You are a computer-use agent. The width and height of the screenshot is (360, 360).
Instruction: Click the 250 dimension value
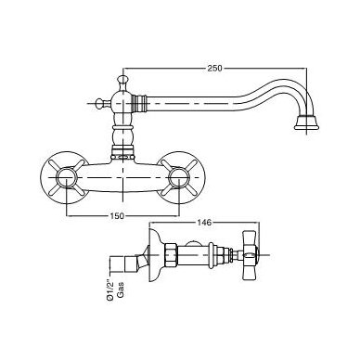tap(214, 68)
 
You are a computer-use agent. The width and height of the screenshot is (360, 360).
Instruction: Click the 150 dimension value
tap(117, 216)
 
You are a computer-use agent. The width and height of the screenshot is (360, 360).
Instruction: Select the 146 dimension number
tap(204, 222)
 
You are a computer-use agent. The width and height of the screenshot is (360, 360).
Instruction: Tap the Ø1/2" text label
tap(110, 289)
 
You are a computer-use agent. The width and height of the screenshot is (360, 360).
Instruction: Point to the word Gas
tap(121, 289)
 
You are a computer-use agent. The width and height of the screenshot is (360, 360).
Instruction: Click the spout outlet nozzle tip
tap(306, 122)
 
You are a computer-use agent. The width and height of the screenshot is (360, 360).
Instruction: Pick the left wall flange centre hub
tap(67, 177)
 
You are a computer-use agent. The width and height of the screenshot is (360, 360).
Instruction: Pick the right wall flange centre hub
tap(179, 177)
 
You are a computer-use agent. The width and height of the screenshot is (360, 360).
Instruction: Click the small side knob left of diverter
tap(100, 103)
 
